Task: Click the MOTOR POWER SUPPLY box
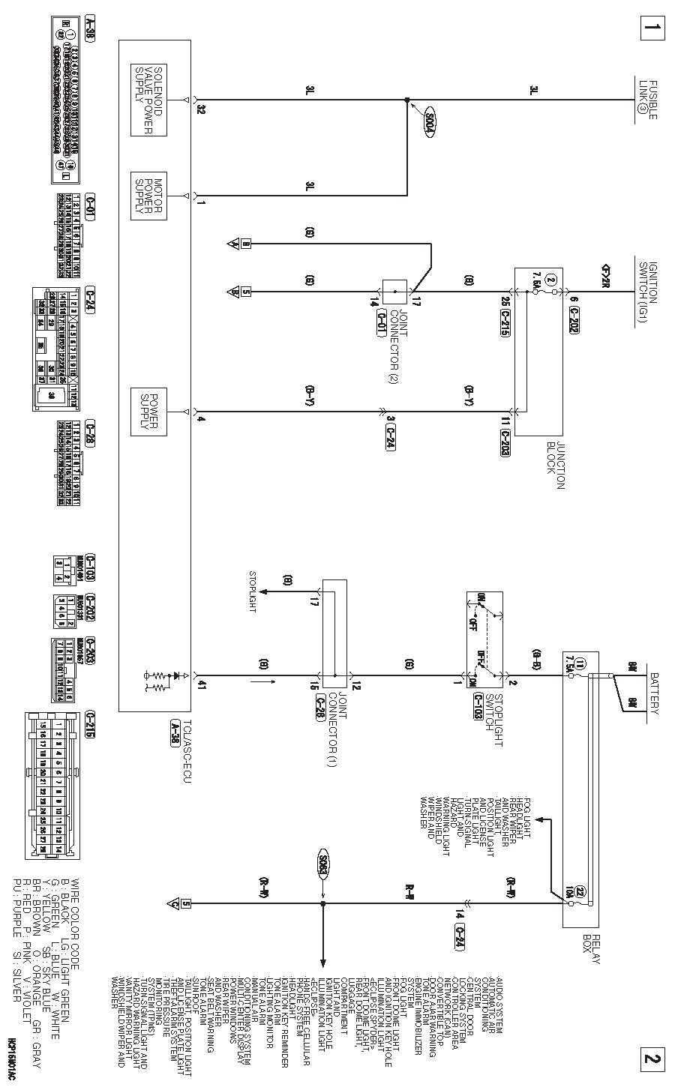click(148, 195)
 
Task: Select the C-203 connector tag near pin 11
click(504, 442)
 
